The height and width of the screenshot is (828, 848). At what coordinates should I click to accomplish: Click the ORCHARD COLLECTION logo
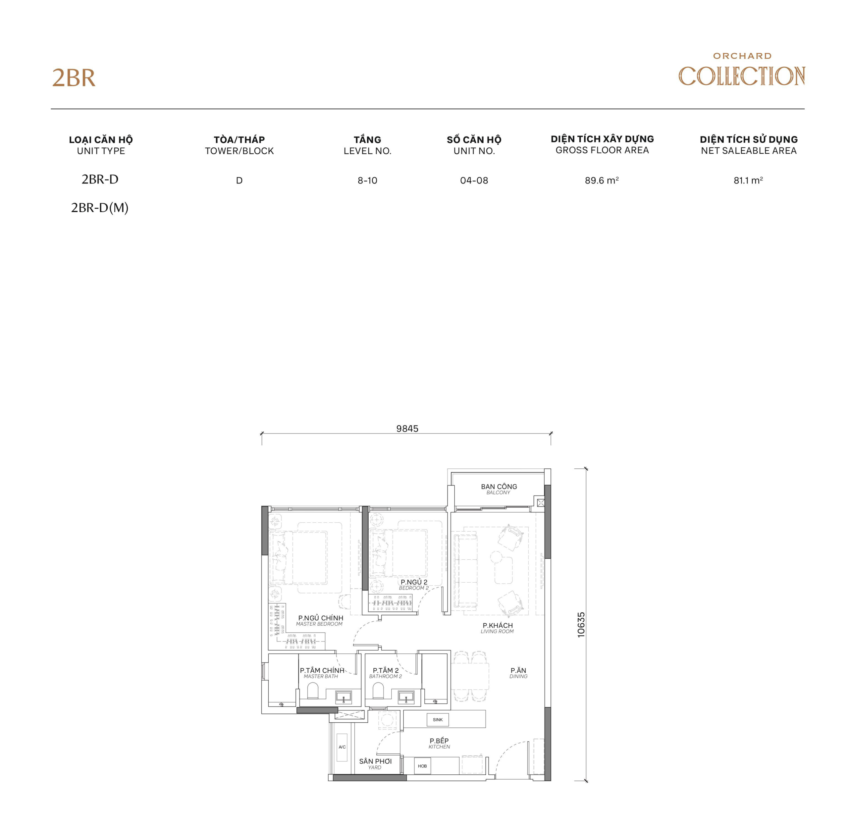click(x=741, y=71)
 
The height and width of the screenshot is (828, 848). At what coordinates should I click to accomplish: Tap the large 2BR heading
click(x=74, y=78)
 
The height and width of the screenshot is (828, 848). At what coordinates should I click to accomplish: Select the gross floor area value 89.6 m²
click(x=602, y=180)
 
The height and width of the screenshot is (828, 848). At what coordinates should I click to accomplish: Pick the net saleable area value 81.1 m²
click(x=748, y=180)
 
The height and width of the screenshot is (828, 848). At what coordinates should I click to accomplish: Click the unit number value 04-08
click(x=474, y=181)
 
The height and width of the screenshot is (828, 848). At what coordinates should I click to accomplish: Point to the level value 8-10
click(x=367, y=181)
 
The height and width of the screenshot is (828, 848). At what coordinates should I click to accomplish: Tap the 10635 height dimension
click(x=581, y=625)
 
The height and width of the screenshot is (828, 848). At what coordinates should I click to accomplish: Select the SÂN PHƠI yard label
click(x=375, y=761)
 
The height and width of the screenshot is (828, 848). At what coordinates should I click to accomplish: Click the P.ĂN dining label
click(x=518, y=671)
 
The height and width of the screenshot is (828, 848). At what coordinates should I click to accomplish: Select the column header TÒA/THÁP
click(x=239, y=139)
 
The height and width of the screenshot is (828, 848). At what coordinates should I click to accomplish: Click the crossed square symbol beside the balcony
click(x=541, y=503)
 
